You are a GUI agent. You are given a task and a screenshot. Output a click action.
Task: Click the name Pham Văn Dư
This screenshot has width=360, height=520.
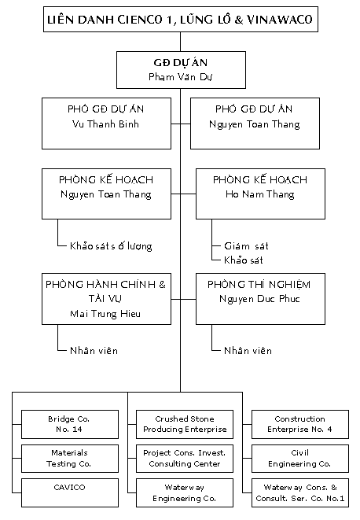[x=180, y=77]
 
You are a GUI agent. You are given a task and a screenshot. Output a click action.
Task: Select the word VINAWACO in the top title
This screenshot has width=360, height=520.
[x=280, y=20]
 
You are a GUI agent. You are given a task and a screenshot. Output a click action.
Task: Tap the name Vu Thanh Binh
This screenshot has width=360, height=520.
[x=105, y=124]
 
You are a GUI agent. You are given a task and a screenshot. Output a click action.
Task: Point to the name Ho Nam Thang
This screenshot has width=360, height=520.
[x=260, y=194]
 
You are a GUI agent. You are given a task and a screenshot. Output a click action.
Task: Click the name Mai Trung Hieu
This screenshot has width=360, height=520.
[x=105, y=314]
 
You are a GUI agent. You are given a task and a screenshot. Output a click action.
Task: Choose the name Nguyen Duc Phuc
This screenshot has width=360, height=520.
[x=259, y=299]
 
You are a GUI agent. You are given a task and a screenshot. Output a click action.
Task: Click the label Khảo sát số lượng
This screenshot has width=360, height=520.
[x=111, y=246]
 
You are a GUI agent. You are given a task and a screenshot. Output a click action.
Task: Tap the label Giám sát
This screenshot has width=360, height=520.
[x=246, y=246]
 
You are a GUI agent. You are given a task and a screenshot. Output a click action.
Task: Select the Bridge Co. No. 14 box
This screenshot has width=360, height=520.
[x=70, y=425]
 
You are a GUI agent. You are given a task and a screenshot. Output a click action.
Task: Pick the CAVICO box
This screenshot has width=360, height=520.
[x=70, y=492]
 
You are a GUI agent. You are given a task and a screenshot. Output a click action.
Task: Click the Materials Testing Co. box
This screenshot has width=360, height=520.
[x=70, y=459]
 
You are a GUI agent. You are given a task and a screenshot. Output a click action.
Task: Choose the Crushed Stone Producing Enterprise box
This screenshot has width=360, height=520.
[x=185, y=425]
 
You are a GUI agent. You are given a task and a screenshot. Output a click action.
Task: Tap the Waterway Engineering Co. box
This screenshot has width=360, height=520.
[x=185, y=492]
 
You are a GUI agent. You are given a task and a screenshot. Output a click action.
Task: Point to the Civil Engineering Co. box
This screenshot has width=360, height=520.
[x=300, y=459]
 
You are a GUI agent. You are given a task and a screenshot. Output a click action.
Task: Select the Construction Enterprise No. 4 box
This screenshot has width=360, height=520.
[x=300, y=425]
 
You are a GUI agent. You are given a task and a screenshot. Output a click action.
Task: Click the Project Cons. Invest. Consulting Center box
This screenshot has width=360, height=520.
[x=185, y=459]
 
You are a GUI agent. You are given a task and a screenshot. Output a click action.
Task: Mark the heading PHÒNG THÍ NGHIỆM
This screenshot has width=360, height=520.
[x=259, y=285]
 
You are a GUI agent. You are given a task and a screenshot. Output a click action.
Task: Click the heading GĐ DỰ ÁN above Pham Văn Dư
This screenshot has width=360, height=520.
[x=181, y=62]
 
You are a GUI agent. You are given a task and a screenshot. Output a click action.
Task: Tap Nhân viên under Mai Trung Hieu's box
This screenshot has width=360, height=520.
[x=94, y=351]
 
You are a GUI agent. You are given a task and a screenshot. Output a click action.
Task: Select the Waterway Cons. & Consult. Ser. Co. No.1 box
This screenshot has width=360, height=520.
[x=300, y=492]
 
